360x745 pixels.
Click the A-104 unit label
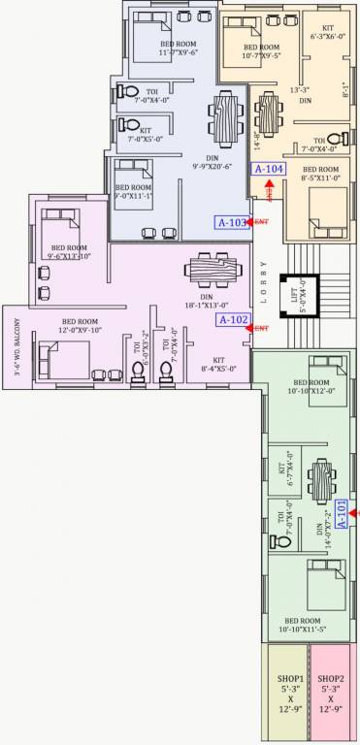point(268,169)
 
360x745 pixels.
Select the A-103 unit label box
point(231,222)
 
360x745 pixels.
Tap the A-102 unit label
point(233,319)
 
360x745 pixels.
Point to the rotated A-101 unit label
point(341,511)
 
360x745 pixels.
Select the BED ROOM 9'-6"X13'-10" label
point(69,252)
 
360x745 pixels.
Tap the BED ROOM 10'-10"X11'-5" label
point(310,624)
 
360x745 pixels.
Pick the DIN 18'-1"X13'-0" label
point(205,301)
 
